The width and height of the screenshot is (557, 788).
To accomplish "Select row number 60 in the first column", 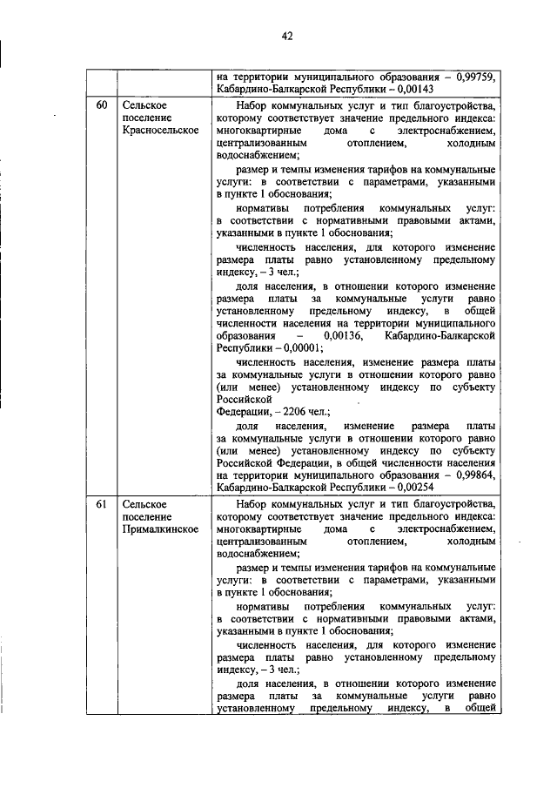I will [x=102, y=105].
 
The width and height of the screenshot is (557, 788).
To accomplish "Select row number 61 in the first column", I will [x=102, y=504].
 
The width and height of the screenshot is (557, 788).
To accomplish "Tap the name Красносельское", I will [x=161, y=130].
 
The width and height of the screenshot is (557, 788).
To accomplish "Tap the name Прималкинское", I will [x=161, y=529].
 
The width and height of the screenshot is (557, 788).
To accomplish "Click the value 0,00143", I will [x=413, y=89].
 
